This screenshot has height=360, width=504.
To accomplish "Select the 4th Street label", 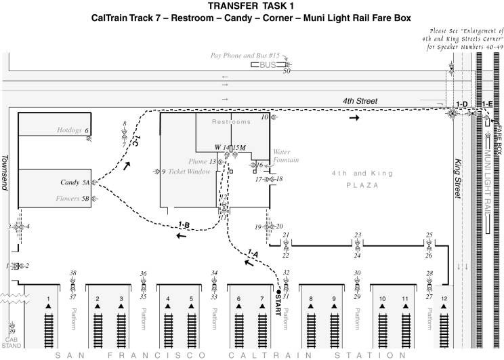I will pos(359,101).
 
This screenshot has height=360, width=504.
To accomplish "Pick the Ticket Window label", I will pos(190,172).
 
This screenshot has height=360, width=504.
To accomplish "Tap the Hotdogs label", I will pos(69,129).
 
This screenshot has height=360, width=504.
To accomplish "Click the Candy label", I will pos(70,183).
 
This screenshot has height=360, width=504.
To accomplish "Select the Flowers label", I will pos(68,199).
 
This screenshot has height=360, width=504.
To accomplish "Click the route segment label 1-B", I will pos(184,225).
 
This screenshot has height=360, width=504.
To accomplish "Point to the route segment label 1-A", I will pos(252,254).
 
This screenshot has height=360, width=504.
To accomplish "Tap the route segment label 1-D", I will pos(463,104).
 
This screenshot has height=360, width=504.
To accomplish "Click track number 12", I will pos(444,299).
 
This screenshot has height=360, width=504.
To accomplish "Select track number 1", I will pos(48,299).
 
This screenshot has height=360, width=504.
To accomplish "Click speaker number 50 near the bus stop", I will pos(287,71).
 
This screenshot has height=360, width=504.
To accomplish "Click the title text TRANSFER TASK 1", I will pos(251,6).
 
